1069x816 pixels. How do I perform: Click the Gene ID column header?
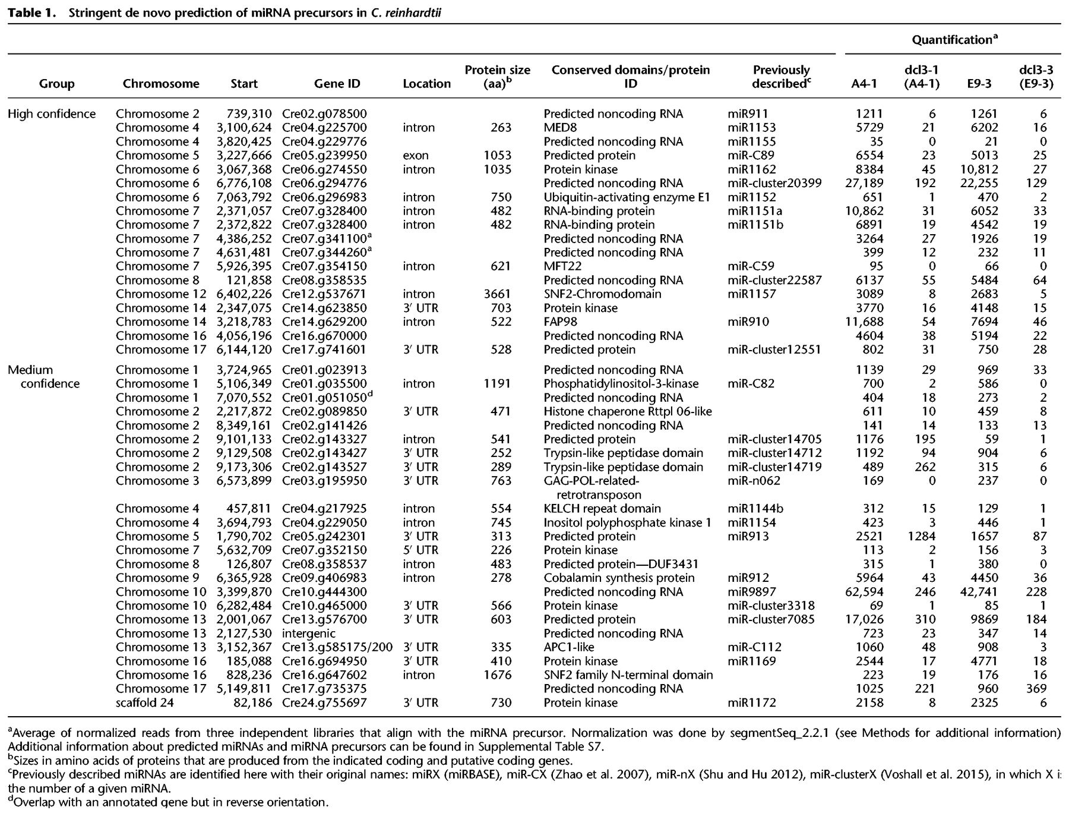(337, 84)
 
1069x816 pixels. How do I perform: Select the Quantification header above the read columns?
(954, 40)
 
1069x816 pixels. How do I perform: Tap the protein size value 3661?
(497, 294)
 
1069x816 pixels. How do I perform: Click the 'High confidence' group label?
(52, 114)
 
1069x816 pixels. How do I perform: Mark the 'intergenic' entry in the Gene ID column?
(309, 634)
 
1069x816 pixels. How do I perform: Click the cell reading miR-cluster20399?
(774, 183)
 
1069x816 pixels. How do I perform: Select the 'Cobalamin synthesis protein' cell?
(618, 578)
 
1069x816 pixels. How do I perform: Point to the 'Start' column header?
(244, 84)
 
